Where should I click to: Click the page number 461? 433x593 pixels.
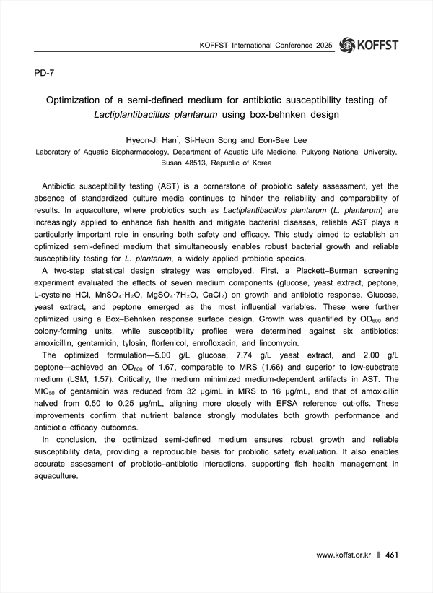(393, 555)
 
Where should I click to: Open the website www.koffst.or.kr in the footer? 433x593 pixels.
(344, 555)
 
